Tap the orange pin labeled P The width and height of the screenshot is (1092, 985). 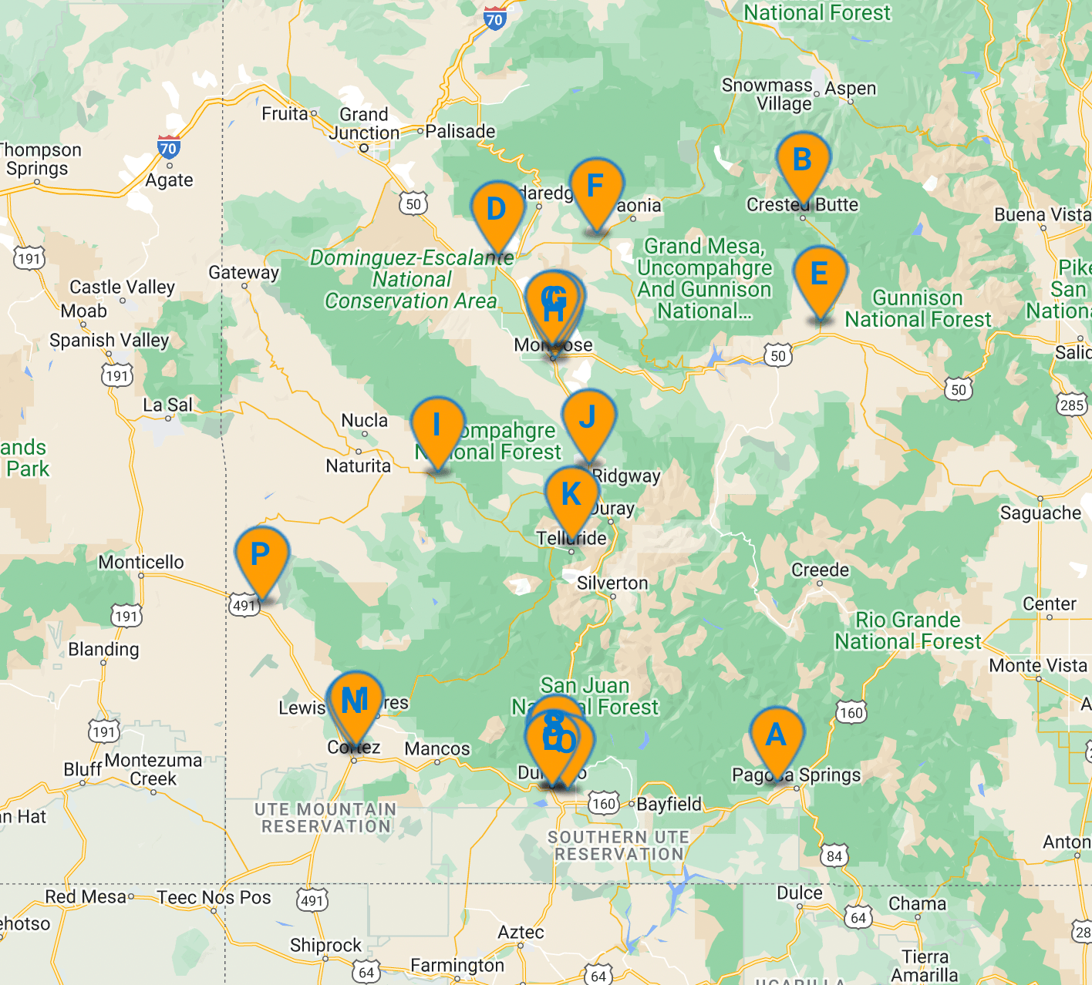tap(261, 556)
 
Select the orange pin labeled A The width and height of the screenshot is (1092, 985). tap(776, 736)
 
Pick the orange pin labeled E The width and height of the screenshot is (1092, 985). tap(820, 275)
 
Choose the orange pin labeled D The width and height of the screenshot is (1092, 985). tap(497, 210)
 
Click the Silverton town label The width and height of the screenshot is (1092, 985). tap(612, 583)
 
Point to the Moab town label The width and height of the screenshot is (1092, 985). tap(84, 311)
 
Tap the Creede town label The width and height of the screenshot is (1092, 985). tap(820, 570)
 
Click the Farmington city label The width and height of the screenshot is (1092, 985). tap(457, 965)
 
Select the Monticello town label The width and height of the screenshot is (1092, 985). tap(141, 562)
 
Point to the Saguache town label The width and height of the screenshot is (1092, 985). tap(1040, 513)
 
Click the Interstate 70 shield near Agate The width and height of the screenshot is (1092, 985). tap(168, 147)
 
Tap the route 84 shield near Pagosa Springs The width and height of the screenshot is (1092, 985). tap(834, 856)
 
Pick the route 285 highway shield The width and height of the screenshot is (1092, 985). tap(1072, 405)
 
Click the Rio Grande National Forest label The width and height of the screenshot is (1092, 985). tap(908, 630)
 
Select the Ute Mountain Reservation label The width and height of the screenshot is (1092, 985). tap(325, 818)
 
